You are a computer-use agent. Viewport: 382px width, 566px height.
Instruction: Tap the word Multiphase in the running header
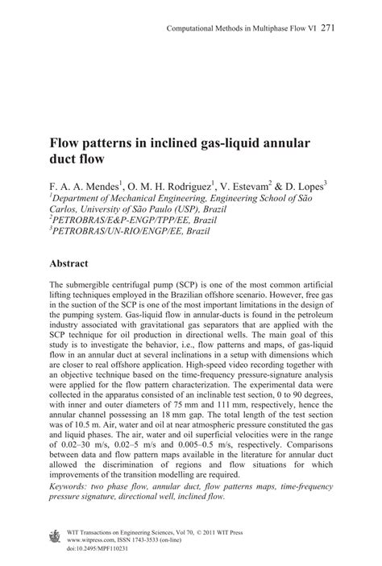[269, 28]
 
